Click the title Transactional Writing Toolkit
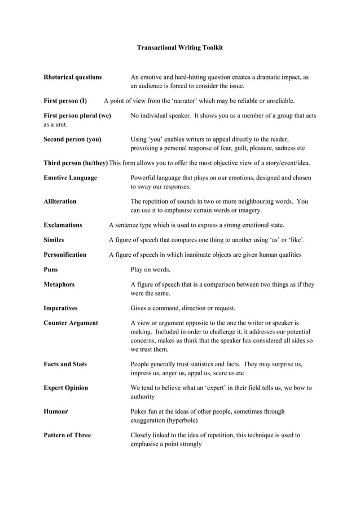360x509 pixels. (x=179, y=48)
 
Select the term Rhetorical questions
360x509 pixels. (x=73, y=77)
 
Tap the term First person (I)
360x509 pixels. (x=65, y=101)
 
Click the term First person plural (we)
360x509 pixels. (x=77, y=115)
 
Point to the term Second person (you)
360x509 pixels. (x=73, y=139)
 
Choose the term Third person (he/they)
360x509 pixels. (x=76, y=163)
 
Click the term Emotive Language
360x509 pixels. (x=70, y=177)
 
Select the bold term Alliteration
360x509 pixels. (x=60, y=201)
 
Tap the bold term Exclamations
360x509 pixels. (x=63, y=225)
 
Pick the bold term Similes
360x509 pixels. (x=54, y=240)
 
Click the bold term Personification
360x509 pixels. (x=65, y=254)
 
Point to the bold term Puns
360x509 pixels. (x=51, y=269)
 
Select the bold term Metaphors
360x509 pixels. (x=59, y=284)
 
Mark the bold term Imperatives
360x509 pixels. (x=60, y=308)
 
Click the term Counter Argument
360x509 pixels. (x=71, y=323)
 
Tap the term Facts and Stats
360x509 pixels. (x=65, y=364)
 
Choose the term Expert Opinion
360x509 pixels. (x=65, y=388)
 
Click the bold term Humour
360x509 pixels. (x=56, y=411)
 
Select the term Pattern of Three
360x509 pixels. (x=67, y=435)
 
